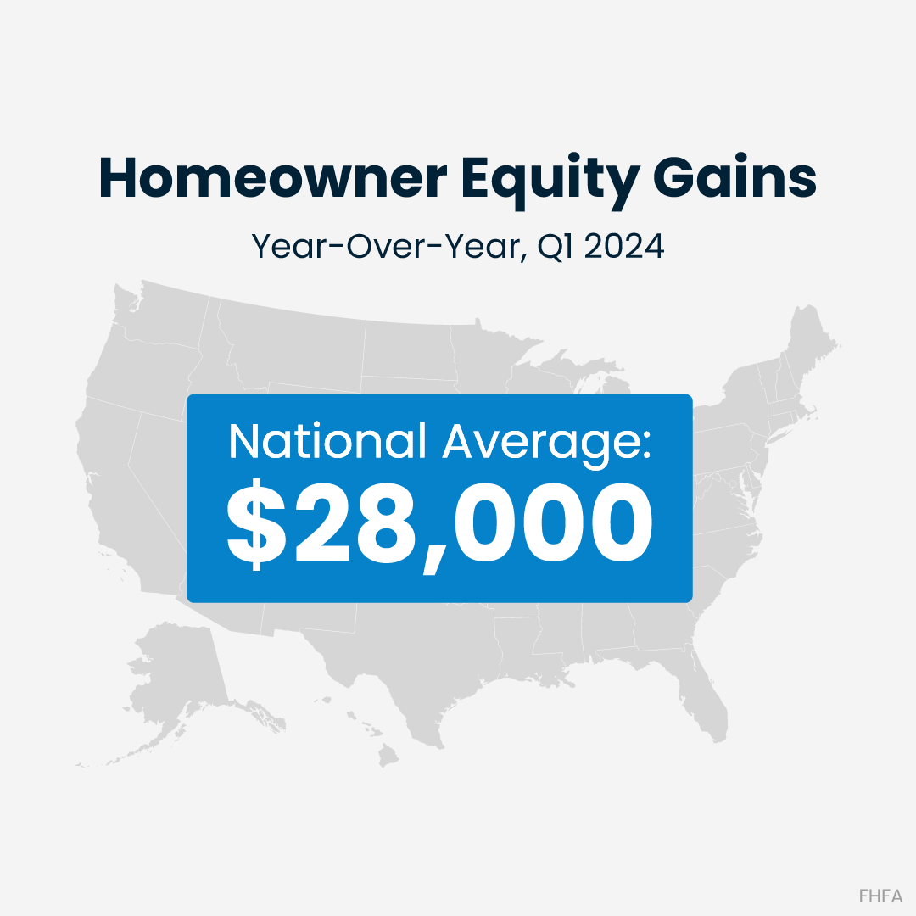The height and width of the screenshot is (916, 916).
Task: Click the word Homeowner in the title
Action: point(273,177)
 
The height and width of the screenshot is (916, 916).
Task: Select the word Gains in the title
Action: point(734,176)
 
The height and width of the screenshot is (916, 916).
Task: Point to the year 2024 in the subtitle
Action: point(624,246)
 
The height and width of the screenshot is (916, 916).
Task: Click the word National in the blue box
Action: point(327,442)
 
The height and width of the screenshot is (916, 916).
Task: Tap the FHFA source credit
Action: point(880,896)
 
